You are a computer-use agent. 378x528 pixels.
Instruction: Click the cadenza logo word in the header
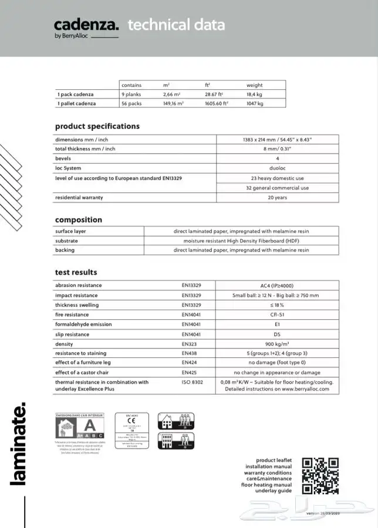pyautogui.click(x=86, y=24)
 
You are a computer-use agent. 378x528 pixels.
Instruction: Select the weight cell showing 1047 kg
pyautogui.click(x=255, y=103)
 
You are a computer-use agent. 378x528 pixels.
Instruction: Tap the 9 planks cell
pyautogui.click(x=131, y=94)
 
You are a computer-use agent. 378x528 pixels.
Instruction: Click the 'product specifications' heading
pyautogui.click(x=97, y=126)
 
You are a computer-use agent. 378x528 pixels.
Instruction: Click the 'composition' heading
pyautogui.click(x=79, y=220)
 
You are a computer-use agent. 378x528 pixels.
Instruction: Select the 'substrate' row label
pyautogui.click(x=66, y=241)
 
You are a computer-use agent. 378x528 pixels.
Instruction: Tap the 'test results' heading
pyautogui.click(x=76, y=272)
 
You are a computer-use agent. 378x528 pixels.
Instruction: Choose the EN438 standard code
pyautogui.click(x=190, y=353)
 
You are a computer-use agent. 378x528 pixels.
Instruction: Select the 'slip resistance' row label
pyautogui.click(x=72, y=334)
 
